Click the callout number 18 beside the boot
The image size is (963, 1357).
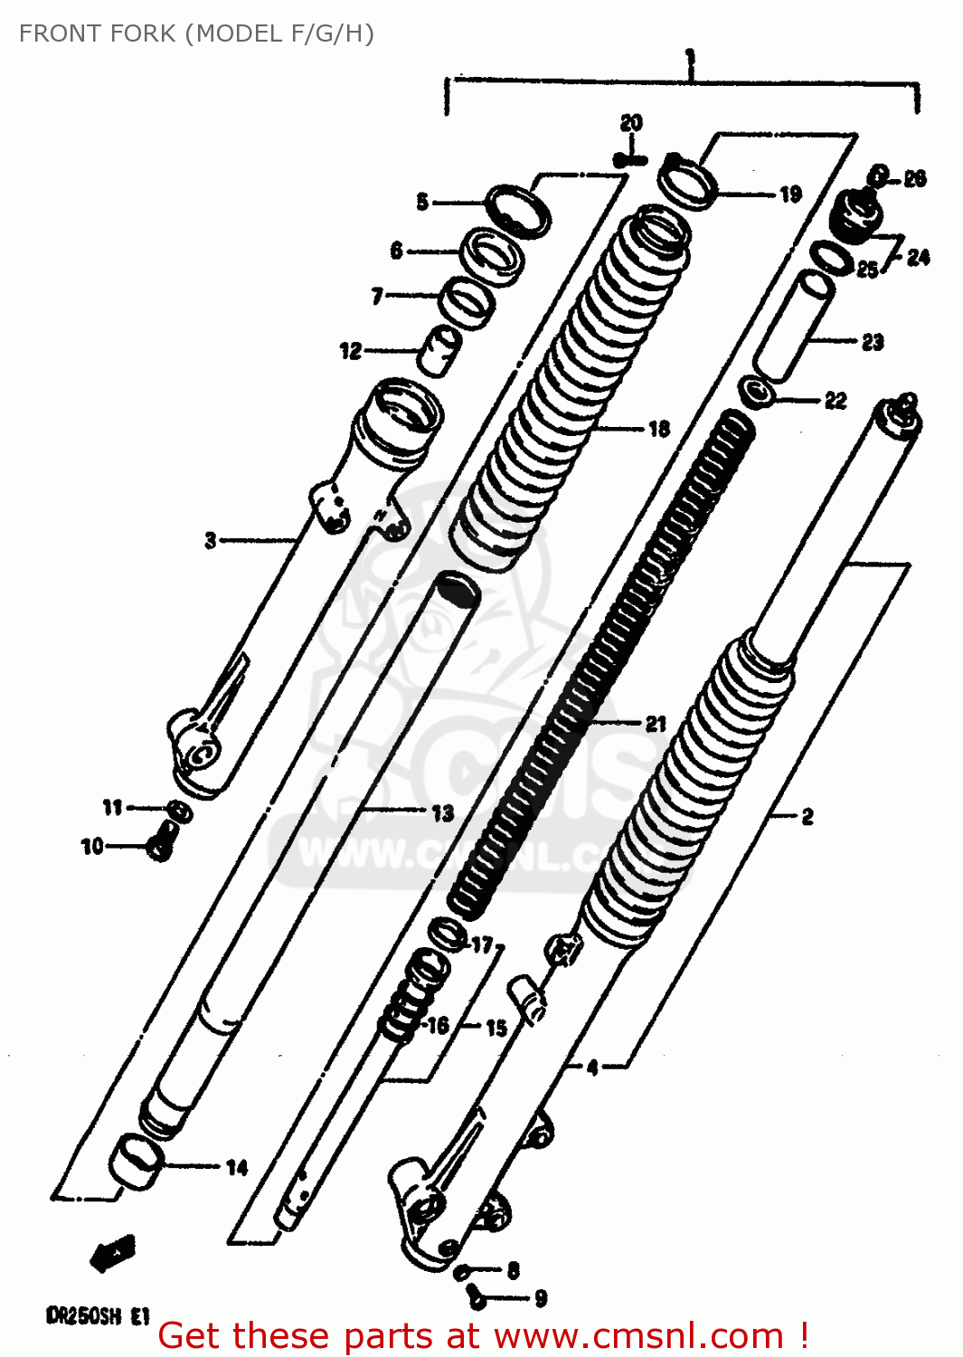659,429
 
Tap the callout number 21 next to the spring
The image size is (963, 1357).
656,723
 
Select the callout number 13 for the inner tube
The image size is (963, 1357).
442,812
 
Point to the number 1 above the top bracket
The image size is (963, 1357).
691,61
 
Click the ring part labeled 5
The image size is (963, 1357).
519,211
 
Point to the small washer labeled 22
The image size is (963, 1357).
756,394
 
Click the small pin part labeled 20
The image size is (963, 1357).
630,160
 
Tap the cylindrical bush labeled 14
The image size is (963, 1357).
137,1161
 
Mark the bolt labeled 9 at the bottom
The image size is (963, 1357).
477,1298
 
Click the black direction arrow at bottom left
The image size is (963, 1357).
113,1253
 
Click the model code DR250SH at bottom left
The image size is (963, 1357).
83,1316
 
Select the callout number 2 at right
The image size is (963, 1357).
807,816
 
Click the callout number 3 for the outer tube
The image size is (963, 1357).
211,540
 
